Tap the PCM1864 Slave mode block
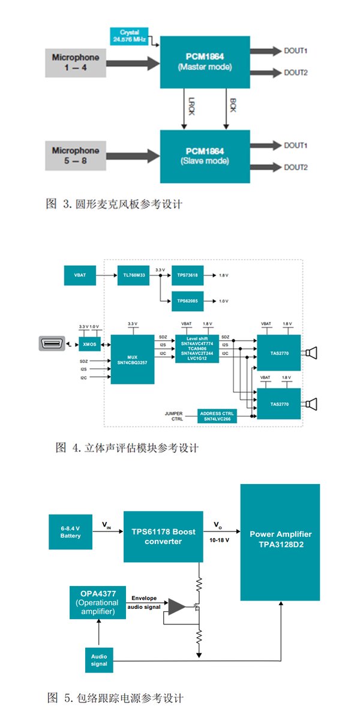[205, 156]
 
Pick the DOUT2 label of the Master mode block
[296, 73]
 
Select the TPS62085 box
[187, 301]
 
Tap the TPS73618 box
[187, 275]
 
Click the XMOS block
[89, 345]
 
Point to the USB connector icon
[52, 344]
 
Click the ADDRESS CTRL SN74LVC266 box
[217, 416]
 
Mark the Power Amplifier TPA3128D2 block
[280, 542]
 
